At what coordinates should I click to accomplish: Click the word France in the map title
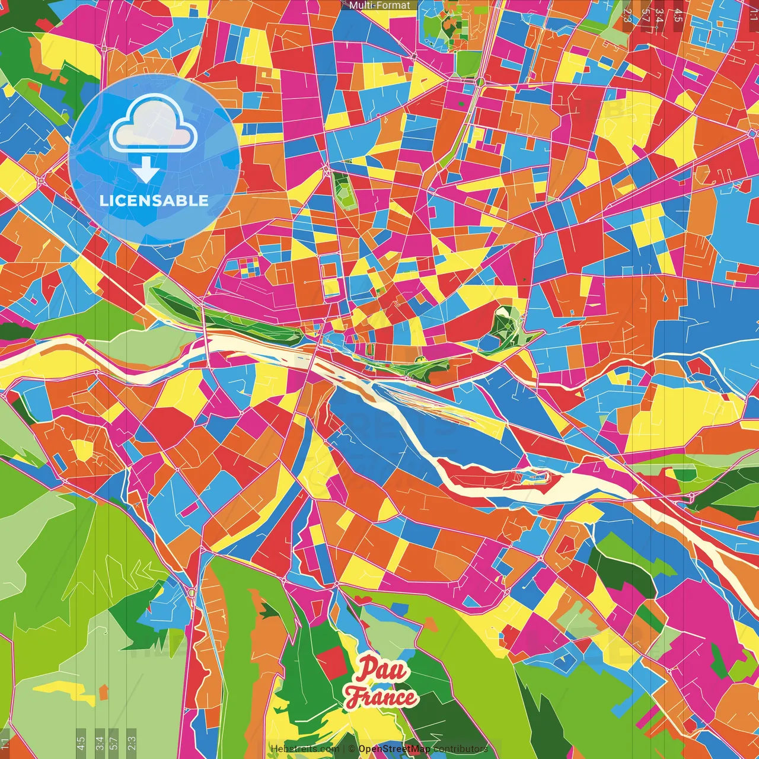point(381,697)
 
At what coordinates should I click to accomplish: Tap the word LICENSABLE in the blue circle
point(154,200)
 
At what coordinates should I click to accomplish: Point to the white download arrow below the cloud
point(146,171)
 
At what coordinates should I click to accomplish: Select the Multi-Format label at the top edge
point(379,5)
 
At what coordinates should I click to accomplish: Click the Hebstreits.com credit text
point(305,749)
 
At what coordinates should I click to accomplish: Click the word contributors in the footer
point(461,749)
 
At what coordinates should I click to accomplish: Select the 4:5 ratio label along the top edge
point(678,15)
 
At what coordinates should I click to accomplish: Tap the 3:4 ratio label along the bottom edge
point(99,743)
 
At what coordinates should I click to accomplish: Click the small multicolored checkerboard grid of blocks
point(250,267)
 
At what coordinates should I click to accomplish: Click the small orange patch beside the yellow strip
point(104,691)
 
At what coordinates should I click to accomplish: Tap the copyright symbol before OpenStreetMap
point(352,749)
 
